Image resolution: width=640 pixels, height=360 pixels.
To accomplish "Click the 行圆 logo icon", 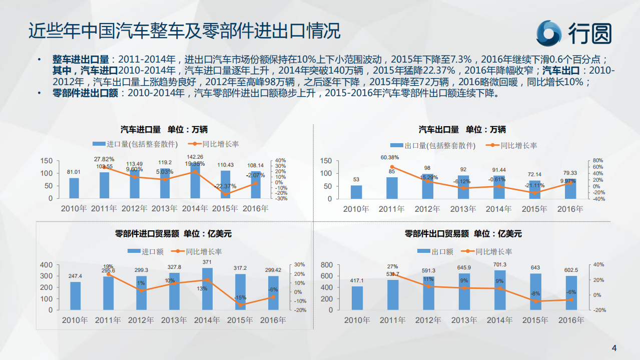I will point(549,33).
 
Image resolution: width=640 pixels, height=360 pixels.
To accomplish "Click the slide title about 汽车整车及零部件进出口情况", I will point(184,31).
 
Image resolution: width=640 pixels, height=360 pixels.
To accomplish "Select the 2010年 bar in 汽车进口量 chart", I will point(74,188).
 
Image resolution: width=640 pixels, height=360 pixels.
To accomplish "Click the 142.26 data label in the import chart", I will point(195,157).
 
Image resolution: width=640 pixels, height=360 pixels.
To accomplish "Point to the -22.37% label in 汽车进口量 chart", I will point(225,186).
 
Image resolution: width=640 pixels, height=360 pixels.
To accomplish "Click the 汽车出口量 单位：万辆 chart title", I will point(462,129).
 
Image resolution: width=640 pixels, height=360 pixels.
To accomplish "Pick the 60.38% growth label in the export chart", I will point(390,157).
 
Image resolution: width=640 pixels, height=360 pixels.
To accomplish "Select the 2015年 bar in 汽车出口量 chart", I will point(535,190).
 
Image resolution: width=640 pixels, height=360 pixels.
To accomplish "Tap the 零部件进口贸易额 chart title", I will point(173,233).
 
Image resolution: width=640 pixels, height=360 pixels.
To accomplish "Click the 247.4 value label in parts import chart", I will point(75,276).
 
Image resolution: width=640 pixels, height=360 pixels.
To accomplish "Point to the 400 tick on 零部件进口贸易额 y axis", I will point(46,265).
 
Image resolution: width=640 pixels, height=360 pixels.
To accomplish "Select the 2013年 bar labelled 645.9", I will point(464,291).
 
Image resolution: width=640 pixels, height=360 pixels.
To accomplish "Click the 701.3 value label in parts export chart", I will point(499,264).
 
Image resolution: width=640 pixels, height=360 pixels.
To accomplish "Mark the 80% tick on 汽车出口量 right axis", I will point(598,161).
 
